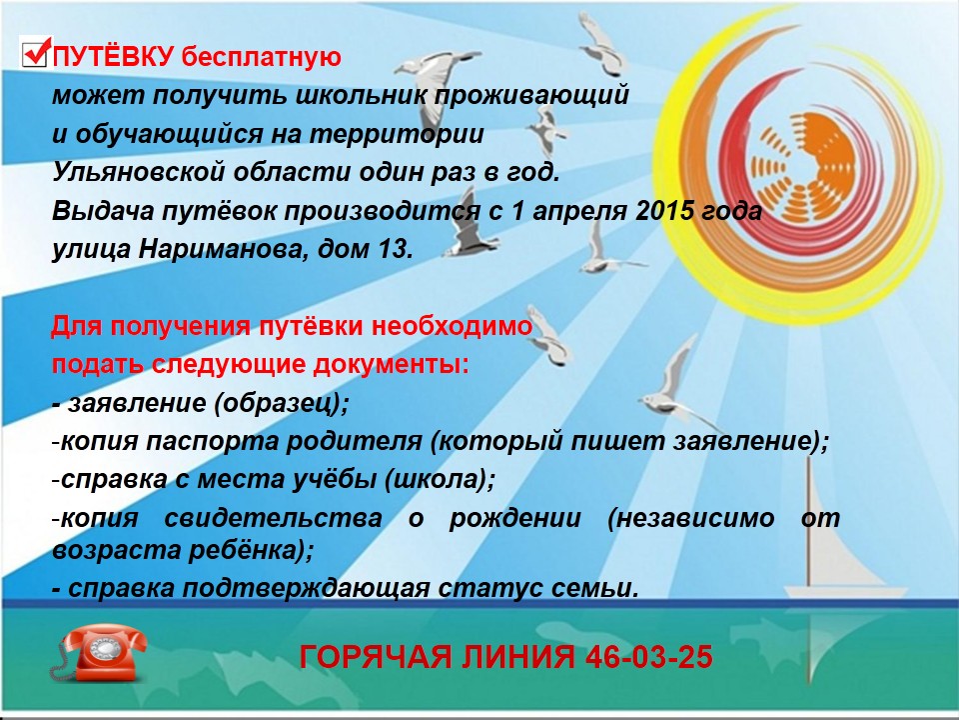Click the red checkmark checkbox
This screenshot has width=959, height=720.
[35, 51]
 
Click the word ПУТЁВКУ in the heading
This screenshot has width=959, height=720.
[114, 57]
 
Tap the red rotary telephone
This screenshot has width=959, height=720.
[99, 654]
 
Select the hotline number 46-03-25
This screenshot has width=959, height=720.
[649, 657]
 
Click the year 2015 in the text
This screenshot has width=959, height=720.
[665, 211]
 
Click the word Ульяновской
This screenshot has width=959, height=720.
[138, 173]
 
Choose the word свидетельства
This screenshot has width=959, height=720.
[273, 518]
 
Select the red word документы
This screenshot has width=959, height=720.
[392, 365]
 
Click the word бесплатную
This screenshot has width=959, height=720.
[261, 57]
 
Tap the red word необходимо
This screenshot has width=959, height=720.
[452, 326]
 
